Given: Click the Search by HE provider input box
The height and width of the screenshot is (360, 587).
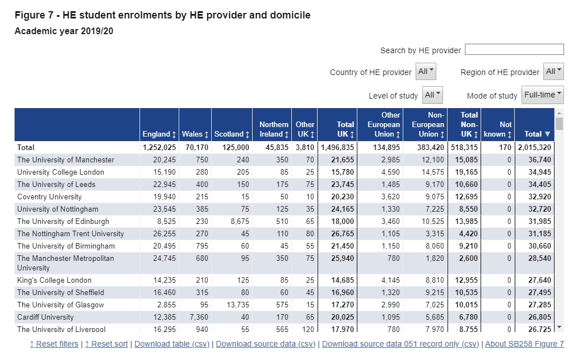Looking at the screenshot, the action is [514, 49].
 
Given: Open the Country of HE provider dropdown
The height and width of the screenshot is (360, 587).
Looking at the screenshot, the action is [426, 72].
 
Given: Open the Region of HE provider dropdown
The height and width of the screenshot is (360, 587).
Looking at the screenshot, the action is [554, 72].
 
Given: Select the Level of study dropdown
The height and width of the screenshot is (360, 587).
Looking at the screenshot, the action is [432, 95].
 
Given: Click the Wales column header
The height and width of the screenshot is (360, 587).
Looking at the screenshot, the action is [195, 134].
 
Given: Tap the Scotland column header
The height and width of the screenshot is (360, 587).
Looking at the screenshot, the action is [232, 134].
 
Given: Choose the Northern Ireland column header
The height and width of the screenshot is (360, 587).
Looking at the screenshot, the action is [274, 129].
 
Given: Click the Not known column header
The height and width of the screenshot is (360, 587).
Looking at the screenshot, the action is [497, 129].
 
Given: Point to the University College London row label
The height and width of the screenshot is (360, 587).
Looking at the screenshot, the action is [60, 172].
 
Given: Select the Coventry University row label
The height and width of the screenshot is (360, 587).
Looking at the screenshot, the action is [49, 197].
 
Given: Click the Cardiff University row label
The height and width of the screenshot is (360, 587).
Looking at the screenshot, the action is [45, 317].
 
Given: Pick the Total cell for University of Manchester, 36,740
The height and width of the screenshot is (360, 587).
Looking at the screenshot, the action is [539, 160].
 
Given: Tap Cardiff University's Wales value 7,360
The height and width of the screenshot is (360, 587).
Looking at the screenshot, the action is [199, 317].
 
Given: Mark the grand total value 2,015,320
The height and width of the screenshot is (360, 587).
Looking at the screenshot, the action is [534, 147].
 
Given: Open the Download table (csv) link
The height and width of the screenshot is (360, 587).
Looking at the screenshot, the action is [172, 344].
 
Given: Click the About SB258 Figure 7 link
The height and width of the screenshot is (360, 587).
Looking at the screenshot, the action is [524, 344].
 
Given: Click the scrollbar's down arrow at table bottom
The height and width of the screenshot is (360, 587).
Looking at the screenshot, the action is [560, 327].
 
